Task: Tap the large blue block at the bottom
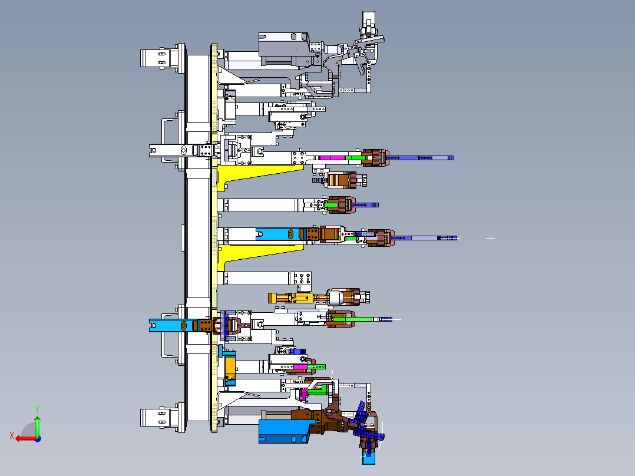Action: [283, 431]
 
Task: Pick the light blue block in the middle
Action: [279, 234]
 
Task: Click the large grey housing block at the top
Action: [283, 49]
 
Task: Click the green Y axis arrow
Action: [37, 425]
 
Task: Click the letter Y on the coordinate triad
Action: [37, 410]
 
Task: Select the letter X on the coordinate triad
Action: [12, 436]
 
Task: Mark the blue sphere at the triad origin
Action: [38, 439]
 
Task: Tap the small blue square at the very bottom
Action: [369, 460]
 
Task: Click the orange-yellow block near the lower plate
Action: [230, 366]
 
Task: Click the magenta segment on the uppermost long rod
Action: [332, 157]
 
